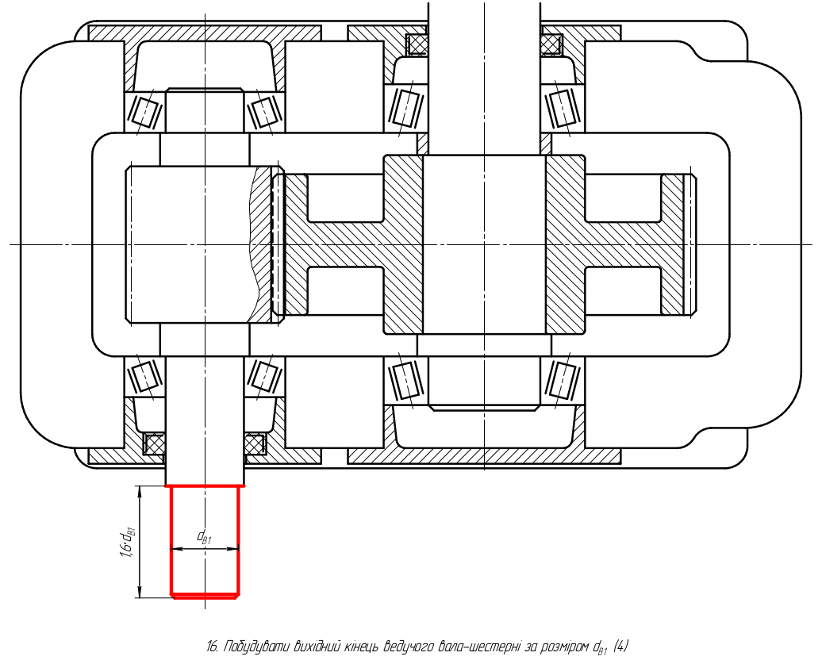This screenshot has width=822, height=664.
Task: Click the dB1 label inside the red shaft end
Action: (204, 536)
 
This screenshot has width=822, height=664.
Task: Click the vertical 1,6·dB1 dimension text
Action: (128, 542)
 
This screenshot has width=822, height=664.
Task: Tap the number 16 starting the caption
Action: (212, 647)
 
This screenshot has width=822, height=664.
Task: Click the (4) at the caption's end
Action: (620, 647)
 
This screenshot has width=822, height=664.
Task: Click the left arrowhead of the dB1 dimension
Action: (177, 549)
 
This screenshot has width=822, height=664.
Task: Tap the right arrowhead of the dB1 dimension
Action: (233, 549)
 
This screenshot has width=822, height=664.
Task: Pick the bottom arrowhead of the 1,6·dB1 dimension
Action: (140, 592)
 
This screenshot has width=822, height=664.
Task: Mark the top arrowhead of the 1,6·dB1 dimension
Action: (140, 492)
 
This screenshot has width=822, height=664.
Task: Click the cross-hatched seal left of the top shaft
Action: (417, 44)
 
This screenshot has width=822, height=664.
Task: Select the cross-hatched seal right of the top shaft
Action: (551, 44)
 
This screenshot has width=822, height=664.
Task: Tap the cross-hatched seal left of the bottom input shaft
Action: (154, 443)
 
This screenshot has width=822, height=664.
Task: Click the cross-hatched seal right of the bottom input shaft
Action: (255, 443)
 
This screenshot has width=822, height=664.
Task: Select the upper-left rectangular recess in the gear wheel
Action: (346, 198)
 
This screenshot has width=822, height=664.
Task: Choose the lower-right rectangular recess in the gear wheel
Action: (623, 291)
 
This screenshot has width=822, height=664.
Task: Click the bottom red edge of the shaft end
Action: (205, 595)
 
